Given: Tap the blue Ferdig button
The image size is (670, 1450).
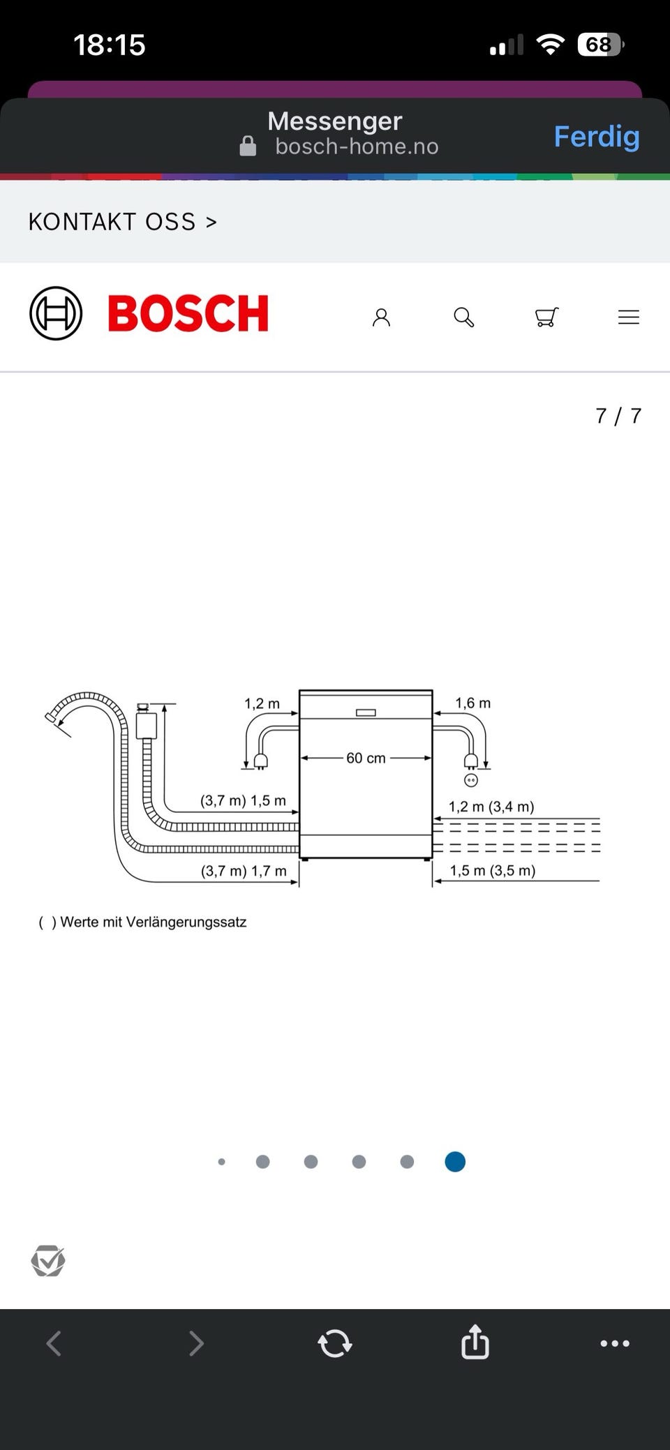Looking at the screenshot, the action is click(597, 137).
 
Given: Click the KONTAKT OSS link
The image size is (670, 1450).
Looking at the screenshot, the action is click(123, 222).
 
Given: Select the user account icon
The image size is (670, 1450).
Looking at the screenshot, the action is click(381, 317).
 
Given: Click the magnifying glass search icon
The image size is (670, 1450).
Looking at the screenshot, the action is click(464, 317).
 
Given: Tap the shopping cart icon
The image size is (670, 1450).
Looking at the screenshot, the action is click(546, 317).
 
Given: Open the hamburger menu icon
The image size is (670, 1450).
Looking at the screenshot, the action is click(629, 317).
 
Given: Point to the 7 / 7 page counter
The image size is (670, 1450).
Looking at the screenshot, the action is click(618, 416).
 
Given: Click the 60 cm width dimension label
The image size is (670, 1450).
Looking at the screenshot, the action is click(366, 758).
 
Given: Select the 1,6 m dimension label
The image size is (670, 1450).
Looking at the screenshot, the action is click(473, 703).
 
